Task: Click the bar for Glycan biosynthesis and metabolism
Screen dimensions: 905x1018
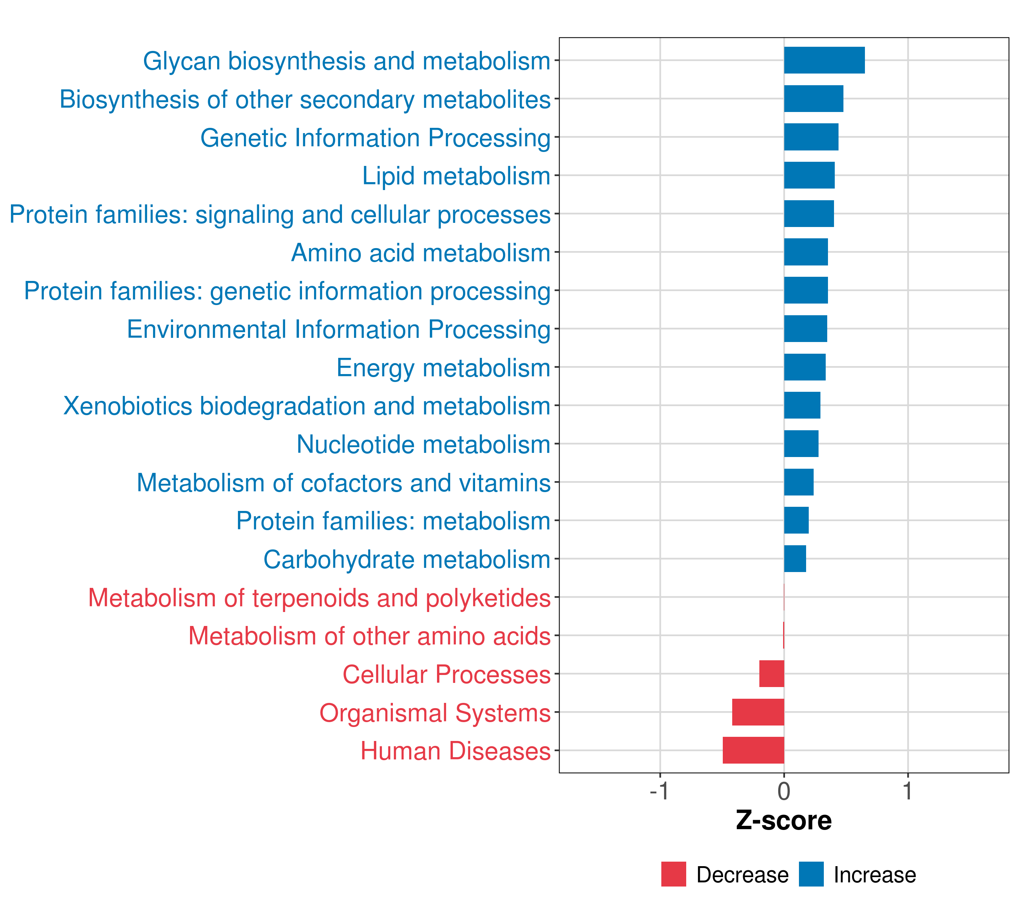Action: (x=824, y=60)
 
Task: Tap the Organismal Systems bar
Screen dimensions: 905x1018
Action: (x=758, y=712)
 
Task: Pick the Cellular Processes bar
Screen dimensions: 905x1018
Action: (x=771, y=673)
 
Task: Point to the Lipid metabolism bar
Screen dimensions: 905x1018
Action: (x=809, y=175)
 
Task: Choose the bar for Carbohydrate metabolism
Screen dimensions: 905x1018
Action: (x=795, y=558)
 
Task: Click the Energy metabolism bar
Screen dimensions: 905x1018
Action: (x=805, y=367)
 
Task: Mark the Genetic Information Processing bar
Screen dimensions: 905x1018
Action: (x=811, y=137)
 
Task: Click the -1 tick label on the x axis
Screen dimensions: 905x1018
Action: (x=659, y=791)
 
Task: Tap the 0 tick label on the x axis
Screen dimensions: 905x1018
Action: (x=784, y=791)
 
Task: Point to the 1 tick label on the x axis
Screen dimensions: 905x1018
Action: (x=908, y=791)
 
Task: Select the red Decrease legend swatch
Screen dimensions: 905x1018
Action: (x=673, y=874)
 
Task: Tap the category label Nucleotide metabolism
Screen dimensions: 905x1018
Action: (x=423, y=444)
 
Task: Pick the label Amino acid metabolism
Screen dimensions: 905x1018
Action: (x=420, y=253)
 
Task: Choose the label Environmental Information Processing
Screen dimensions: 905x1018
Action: (x=339, y=329)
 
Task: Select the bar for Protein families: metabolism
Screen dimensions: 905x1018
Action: (x=796, y=520)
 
